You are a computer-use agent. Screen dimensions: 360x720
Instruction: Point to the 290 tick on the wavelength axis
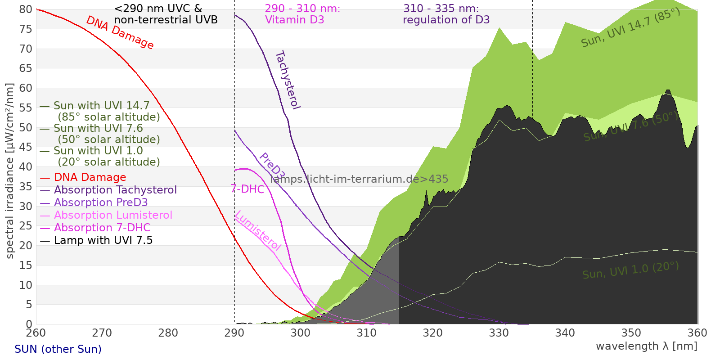click(x=234, y=333)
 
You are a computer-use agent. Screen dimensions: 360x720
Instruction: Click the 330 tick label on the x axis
click(x=499, y=333)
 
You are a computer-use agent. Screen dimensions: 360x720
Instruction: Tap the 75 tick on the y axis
click(x=26, y=29)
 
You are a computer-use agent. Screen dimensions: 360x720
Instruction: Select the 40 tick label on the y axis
click(x=26, y=167)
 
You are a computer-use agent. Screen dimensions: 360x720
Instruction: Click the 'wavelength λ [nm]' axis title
click(x=646, y=346)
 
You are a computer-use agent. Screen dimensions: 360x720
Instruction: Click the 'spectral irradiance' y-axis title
click(x=10, y=171)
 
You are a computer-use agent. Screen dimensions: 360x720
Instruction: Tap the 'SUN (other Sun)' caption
click(x=58, y=349)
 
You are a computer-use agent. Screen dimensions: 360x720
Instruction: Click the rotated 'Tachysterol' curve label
click(x=288, y=80)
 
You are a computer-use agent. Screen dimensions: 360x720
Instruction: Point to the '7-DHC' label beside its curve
click(x=247, y=189)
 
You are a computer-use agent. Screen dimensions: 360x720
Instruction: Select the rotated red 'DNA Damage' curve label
click(x=120, y=32)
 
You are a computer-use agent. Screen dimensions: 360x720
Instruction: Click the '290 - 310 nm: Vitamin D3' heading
click(x=302, y=14)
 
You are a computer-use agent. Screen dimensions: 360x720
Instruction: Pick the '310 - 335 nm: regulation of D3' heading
click(x=446, y=14)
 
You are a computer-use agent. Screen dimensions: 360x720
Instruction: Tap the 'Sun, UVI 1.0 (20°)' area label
click(x=630, y=270)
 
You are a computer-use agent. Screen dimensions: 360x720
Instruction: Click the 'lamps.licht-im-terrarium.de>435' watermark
click(x=359, y=179)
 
